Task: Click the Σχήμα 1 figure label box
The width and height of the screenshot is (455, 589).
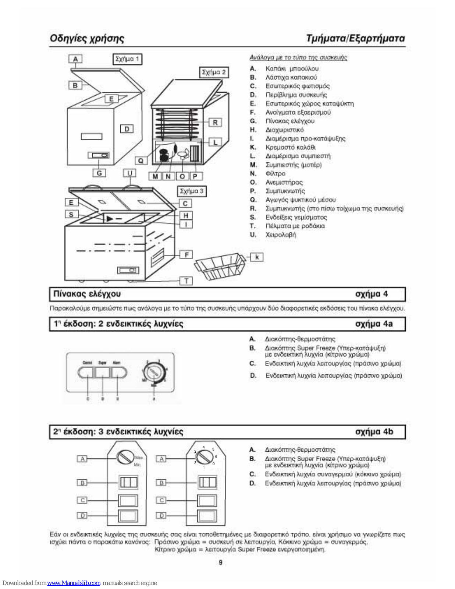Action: [x=127, y=59]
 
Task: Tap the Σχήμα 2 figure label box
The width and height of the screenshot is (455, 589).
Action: [x=214, y=72]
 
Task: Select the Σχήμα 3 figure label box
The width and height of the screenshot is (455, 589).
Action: [x=191, y=191]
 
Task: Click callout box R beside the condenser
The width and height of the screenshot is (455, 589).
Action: [x=215, y=123]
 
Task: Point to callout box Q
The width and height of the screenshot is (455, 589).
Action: [x=141, y=161]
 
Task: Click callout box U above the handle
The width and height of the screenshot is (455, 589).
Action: [x=129, y=173]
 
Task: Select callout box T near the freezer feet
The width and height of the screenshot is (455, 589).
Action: [x=186, y=281]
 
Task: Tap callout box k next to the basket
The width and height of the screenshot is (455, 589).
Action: [x=257, y=257]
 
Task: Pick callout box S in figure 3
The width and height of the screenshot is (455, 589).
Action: [x=71, y=214]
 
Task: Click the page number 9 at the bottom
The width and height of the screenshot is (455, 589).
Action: [x=220, y=562]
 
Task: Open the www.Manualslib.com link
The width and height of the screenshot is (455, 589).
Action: [x=74, y=583]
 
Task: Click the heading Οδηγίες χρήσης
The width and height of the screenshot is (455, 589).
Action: [x=87, y=38]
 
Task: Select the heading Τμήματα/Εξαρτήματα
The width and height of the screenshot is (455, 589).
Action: [x=355, y=38]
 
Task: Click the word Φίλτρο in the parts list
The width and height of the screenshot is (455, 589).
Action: [x=276, y=173]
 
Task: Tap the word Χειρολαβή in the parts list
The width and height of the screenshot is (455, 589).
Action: [x=281, y=234]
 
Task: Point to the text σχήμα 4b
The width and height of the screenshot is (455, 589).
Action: [x=374, y=431]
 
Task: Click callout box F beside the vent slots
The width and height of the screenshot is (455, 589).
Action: [x=186, y=254]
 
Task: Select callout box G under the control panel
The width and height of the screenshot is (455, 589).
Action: [x=99, y=173]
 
